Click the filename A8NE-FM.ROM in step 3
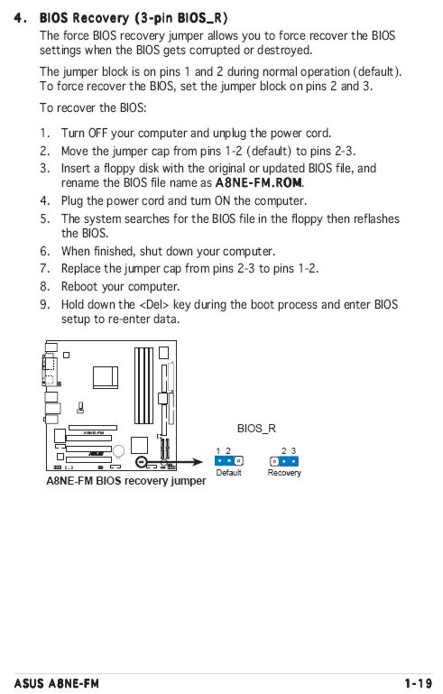click(x=259, y=182)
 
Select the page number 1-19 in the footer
click(x=419, y=683)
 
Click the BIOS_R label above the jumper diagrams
click(x=256, y=429)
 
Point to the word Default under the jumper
click(x=228, y=473)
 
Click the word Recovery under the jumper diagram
click(x=284, y=473)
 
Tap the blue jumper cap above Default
click(x=225, y=461)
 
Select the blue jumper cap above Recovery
click(x=289, y=461)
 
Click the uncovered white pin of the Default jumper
click(x=239, y=461)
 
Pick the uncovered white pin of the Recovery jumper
click(x=274, y=461)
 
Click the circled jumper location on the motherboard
click(x=141, y=461)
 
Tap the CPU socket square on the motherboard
click(x=106, y=377)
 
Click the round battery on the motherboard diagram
click(x=118, y=451)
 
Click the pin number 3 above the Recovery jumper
click(x=293, y=451)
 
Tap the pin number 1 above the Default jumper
click(x=217, y=451)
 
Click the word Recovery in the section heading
click(x=100, y=18)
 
